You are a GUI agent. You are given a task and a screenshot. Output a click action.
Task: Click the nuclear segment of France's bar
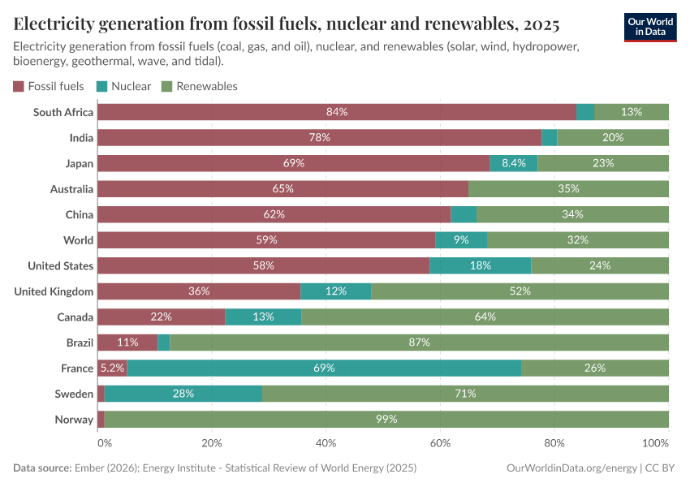[324, 368]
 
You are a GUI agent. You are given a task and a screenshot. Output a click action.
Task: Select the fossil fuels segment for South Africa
[336, 112]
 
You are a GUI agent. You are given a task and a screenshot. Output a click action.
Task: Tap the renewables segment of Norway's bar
[386, 419]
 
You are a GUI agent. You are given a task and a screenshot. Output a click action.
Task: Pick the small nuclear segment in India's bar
[550, 138]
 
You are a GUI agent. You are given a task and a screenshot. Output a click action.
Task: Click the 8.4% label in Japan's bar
[514, 163]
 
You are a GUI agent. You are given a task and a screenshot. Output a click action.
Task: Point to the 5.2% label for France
[112, 368]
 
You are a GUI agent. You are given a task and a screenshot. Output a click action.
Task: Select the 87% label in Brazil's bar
[419, 343]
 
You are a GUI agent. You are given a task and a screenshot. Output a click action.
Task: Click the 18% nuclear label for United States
[480, 265]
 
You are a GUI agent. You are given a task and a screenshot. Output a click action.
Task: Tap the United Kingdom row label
[54, 291]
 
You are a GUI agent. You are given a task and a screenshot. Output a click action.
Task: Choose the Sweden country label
[74, 394]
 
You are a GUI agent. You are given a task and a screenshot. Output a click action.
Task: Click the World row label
[79, 240]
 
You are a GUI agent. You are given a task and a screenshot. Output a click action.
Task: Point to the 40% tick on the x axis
[326, 444]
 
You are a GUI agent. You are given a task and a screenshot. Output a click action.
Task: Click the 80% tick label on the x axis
[554, 444]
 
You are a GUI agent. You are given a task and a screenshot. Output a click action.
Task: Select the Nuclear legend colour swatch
[101, 86]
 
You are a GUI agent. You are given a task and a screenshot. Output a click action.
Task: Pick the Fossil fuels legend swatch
[19, 86]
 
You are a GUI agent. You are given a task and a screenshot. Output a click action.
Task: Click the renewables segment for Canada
[485, 317]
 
